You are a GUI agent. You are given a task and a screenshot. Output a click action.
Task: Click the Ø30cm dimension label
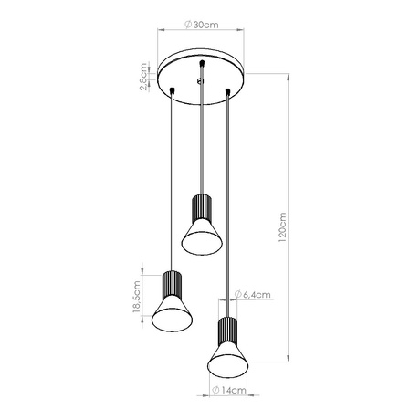202,25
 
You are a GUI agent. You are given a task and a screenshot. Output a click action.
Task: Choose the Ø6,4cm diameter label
250,294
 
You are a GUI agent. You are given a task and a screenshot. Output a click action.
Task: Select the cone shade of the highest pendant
200,236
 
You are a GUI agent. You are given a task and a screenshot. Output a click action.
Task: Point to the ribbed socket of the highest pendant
200,206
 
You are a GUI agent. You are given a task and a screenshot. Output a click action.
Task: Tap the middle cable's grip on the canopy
200,66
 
